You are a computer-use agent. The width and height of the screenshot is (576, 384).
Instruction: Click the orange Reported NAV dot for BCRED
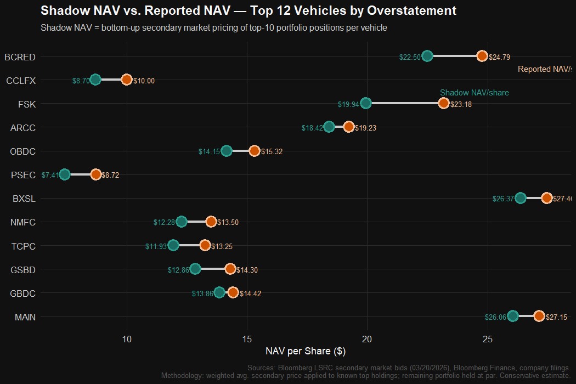[x=482, y=56]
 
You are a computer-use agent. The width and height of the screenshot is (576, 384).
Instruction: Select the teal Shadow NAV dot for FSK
[x=366, y=103]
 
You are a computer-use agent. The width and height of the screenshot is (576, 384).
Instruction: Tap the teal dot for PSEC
[x=65, y=174]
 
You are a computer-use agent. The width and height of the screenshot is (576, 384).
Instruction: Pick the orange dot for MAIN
[x=539, y=316]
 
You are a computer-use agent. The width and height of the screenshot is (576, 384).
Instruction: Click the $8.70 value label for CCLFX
[x=81, y=81]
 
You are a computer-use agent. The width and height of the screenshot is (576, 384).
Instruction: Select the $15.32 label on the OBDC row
[x=272, y=151]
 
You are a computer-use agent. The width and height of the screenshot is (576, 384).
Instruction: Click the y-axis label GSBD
[x=23, y=269]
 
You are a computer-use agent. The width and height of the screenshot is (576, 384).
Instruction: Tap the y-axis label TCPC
[x=23, y=246]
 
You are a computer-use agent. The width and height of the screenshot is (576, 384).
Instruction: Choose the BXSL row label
[x=24, y=199]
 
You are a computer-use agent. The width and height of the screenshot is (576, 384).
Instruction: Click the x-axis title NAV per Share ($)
[x=305, y=351]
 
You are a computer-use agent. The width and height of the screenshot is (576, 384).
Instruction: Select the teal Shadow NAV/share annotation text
[x=474, y=93]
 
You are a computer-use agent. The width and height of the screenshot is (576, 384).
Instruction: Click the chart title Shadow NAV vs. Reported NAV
[x=248, y=10]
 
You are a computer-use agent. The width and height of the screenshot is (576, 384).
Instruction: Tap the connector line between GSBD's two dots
[x=213, y=269]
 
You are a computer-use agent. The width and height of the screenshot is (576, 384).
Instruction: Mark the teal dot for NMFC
[x=182, y=222]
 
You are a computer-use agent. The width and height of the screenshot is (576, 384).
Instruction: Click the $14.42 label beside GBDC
[x=250, y=293]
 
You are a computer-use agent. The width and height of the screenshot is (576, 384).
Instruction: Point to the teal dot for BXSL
[x=521, y=198]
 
